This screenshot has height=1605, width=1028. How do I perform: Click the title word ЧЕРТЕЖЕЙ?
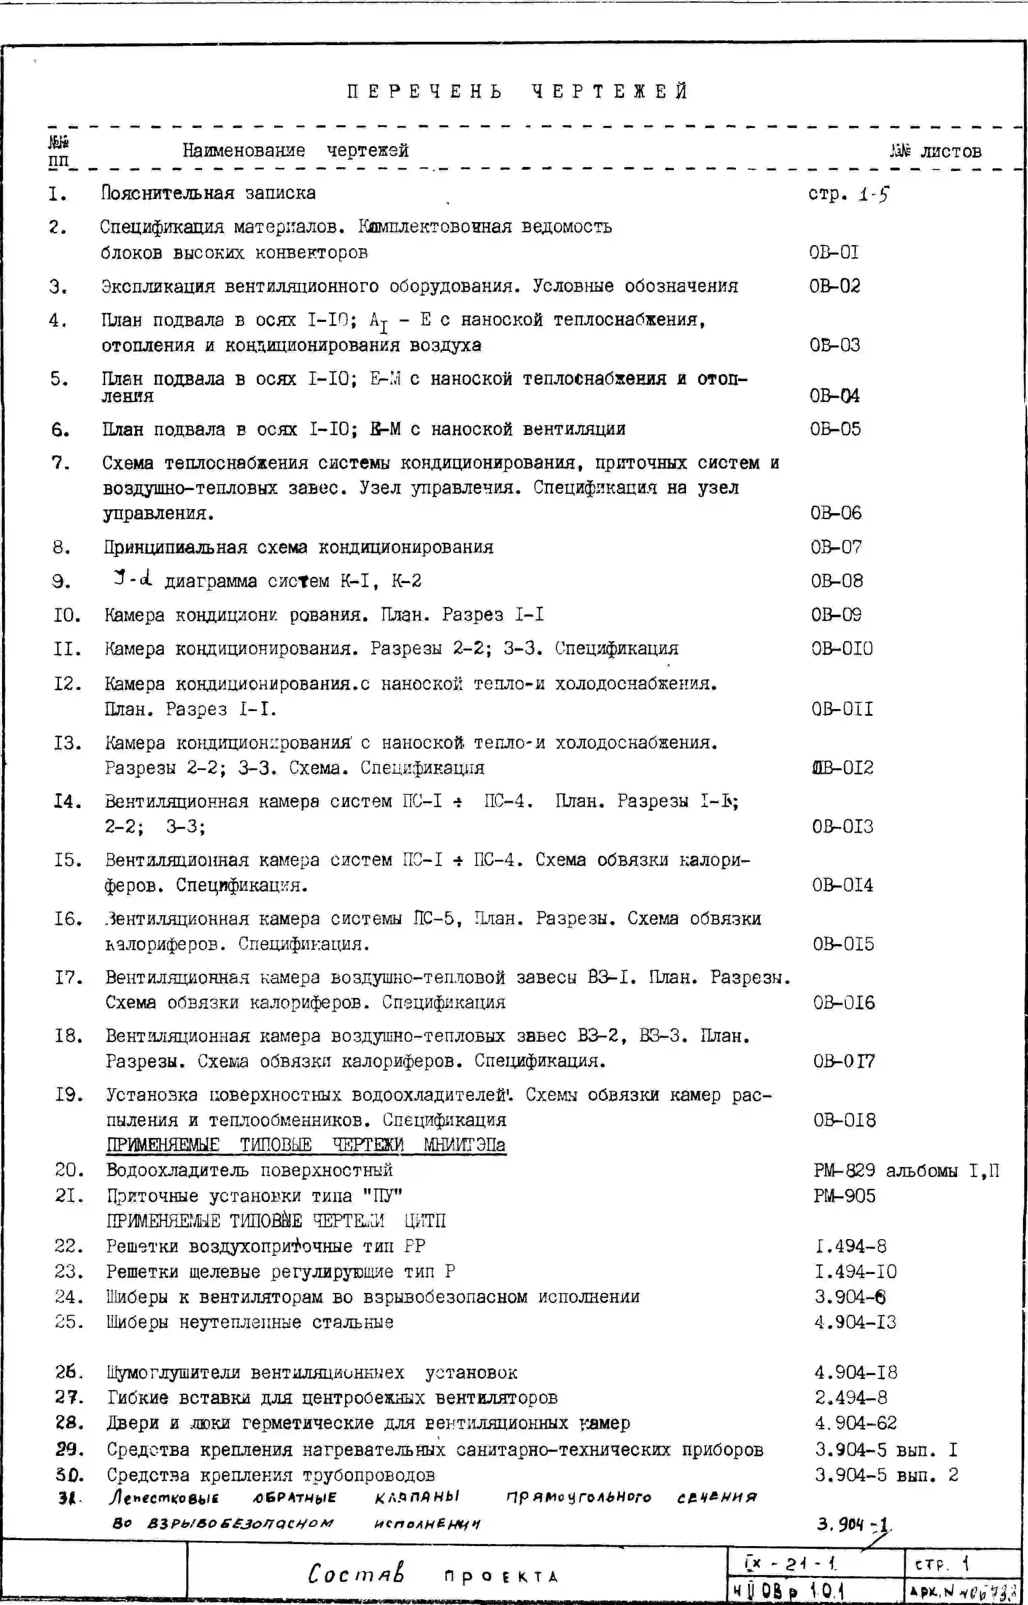pyautogui.click(x=610, y=91)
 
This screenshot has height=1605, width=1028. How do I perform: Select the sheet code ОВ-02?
pyautogui.click(x=834, y=287)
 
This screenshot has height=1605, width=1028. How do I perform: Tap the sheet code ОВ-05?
pyautogui.click(x=835, y=429)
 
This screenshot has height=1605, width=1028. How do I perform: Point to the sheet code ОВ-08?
pyautogui.click(x=836, y=581)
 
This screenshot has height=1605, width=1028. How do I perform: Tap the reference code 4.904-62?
pyautogui.click(x=855, y=1424)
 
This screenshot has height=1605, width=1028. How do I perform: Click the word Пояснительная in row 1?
pyautogui.click(x=167, y=194)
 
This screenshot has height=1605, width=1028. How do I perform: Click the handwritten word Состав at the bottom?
pyautogui.click(x=356, y=1574)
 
